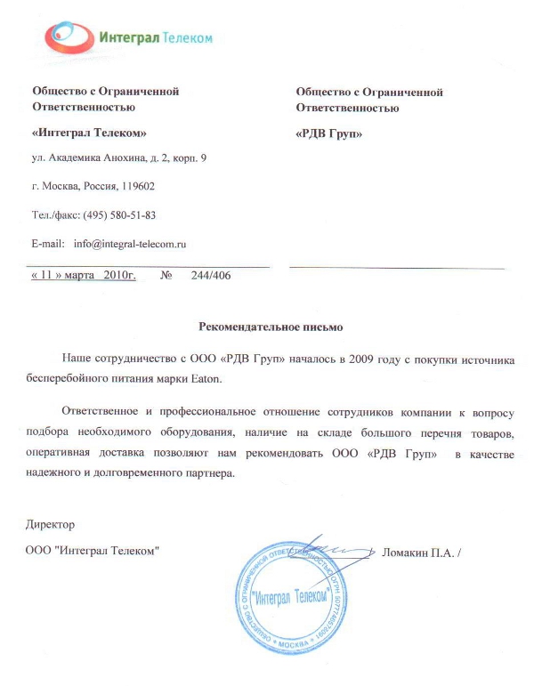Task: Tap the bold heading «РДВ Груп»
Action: pyautogui.click(x=328, y=133)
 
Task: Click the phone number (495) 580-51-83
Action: pyautogui.click(x=120, y=215)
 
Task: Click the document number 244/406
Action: pyautogui.click(x=210, y=276)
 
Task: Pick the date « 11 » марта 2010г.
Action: pyautogui.click(x=83, y=276)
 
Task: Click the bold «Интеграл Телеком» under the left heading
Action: pyautogui.click(x=89, y=133)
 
